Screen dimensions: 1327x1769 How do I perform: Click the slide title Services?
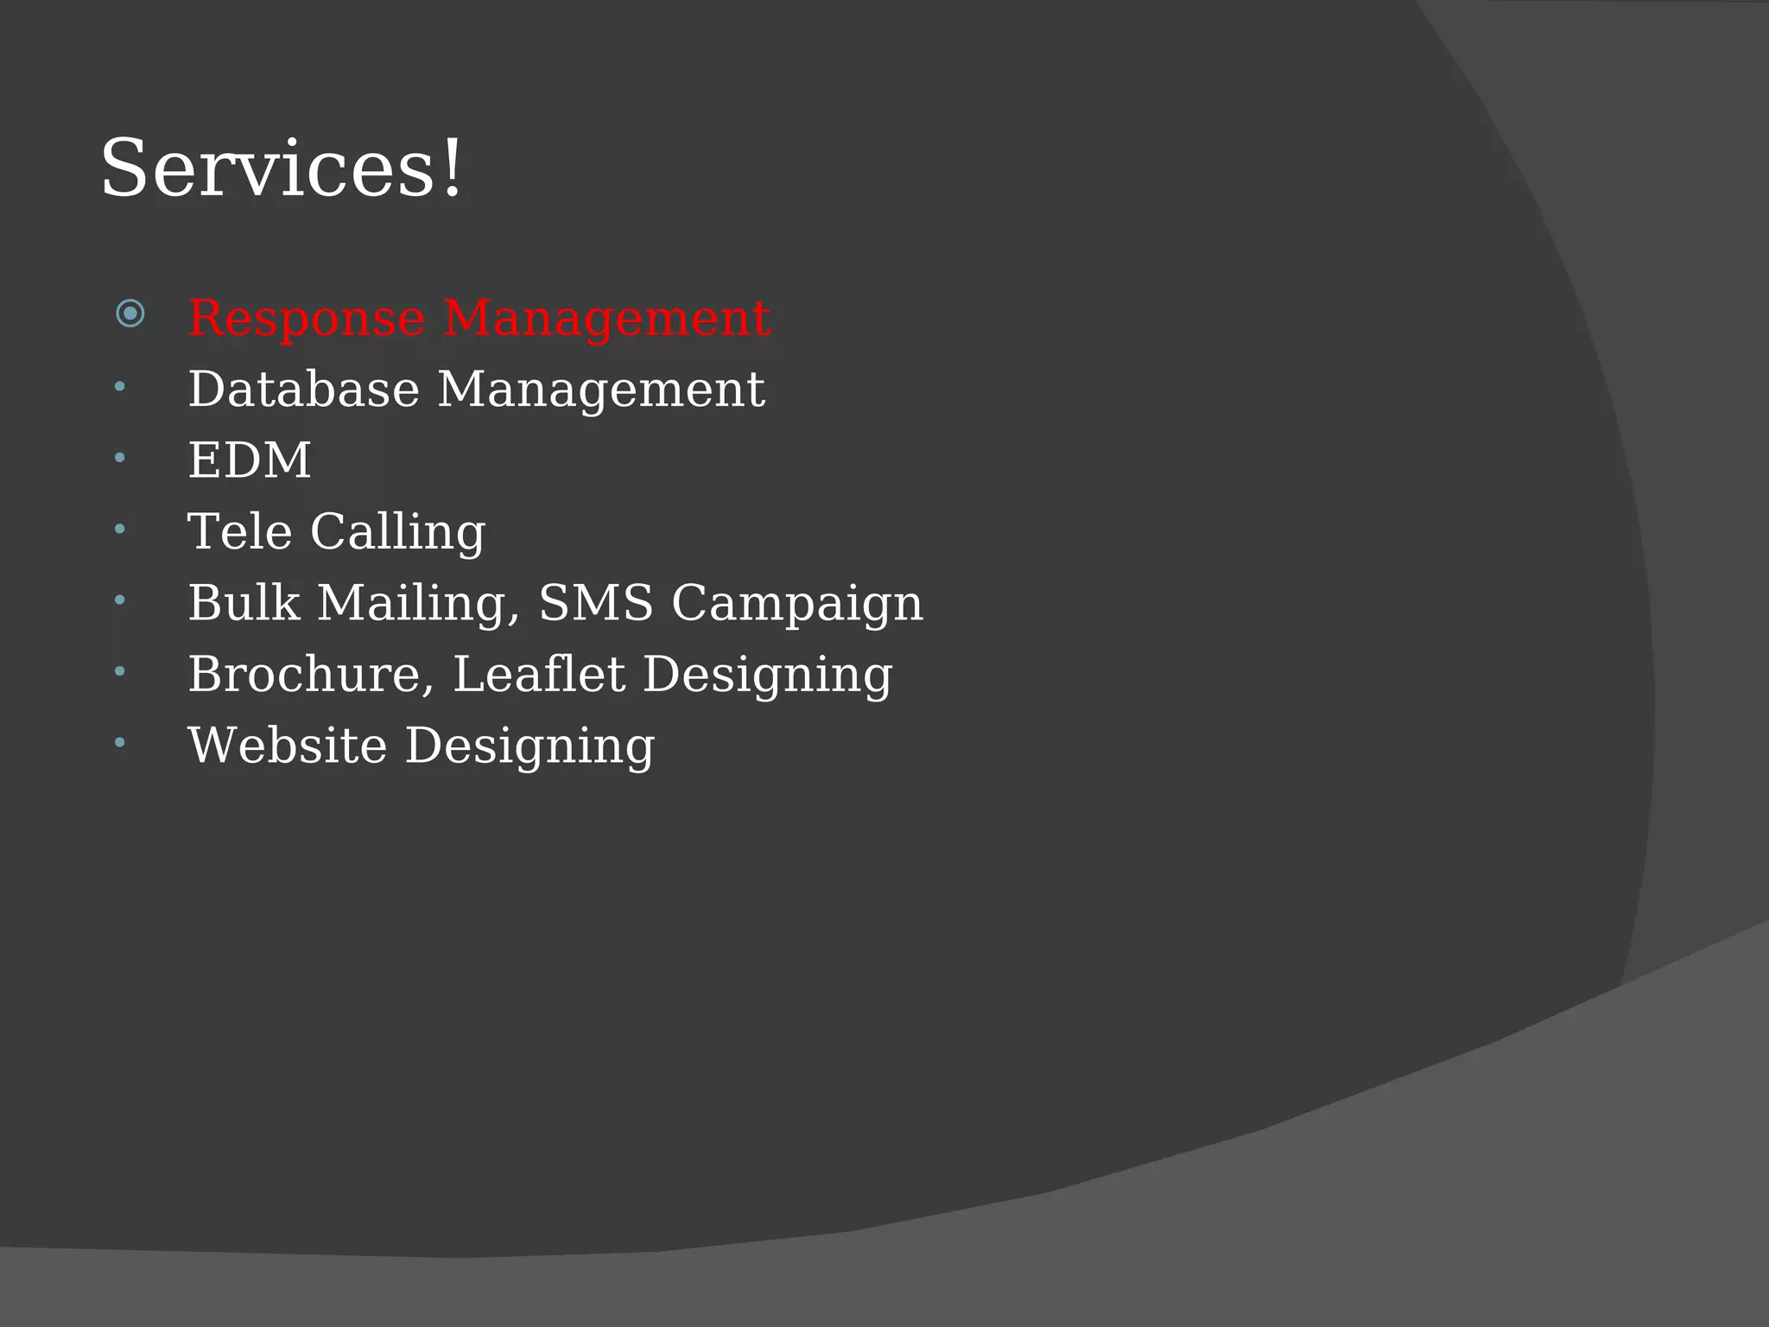pos(282,168)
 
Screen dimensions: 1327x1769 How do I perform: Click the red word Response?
pos(306,318)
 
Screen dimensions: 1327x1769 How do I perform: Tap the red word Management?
pos(606,318)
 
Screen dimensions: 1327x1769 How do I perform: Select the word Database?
pos(303,389)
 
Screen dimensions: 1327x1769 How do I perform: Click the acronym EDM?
pos(249,460)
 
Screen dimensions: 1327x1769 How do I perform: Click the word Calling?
pos(397,532)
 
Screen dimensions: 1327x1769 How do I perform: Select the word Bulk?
pos(244,602)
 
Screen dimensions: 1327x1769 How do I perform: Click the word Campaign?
pos(796,604)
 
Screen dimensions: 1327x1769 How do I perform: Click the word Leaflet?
pos(538,674)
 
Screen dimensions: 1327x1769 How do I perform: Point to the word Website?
pos(287,745)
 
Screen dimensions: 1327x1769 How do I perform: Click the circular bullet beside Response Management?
pos(130,313)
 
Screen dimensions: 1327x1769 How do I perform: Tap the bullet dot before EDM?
pos(120,457)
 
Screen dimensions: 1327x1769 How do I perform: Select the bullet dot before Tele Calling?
pos(120,528)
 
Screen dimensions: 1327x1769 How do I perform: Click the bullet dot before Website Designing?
pos(120,742)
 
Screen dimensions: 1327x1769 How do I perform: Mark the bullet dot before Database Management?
pos(120,386)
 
